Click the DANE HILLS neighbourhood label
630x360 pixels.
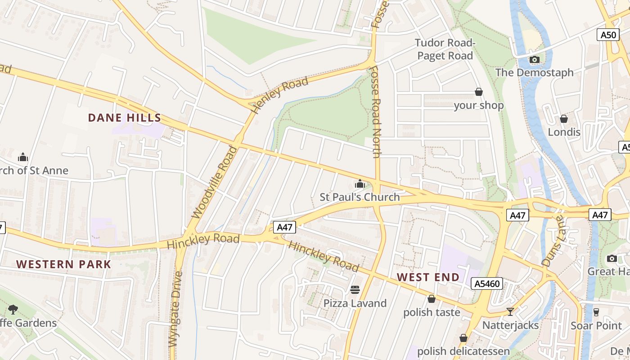pos(124,118)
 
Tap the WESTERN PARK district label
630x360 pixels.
pos(63,264)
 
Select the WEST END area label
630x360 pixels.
pos(428,277)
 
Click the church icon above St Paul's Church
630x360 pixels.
pos(360,184)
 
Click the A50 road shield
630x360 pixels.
pos(608,35)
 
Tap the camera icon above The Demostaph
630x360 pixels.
pos(535,59)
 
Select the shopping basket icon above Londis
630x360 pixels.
pos(563,119)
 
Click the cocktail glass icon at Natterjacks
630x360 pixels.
pos(510,311)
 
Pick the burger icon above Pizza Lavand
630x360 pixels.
pos(355,289)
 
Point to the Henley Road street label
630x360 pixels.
pos(279,94)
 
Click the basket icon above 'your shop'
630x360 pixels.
pos(479,92)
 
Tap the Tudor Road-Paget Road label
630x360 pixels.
pos(445,49)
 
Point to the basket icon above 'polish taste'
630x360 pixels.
pos(432,299)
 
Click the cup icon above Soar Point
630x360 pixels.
pos(596,312)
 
